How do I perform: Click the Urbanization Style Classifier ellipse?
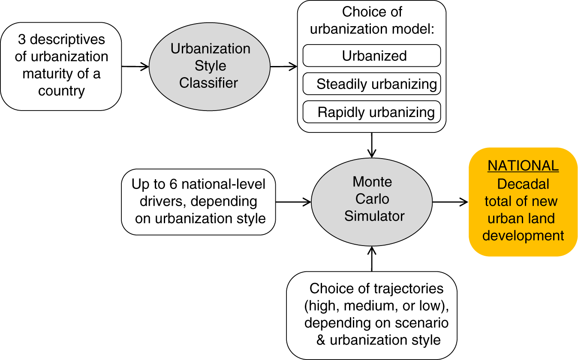[209, 66]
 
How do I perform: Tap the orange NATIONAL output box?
[523, 201]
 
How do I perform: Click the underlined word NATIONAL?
[523, 166]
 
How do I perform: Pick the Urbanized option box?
[372, 56]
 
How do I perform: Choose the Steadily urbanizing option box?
[372, 84]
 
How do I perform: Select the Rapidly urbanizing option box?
[372, 112]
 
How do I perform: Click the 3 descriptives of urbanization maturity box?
[61, 66]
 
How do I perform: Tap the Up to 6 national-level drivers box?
[199, 201]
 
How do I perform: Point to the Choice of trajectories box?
[372, 315]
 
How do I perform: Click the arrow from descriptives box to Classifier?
[135, 66]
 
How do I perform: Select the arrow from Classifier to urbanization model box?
[283, 66]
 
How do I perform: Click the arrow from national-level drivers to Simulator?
[293, 201]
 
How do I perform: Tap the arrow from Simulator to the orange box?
[450, 201]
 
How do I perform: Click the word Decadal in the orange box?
[523, 184]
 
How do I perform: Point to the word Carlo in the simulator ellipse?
[372, 199]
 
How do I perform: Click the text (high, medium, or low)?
[372, 306]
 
